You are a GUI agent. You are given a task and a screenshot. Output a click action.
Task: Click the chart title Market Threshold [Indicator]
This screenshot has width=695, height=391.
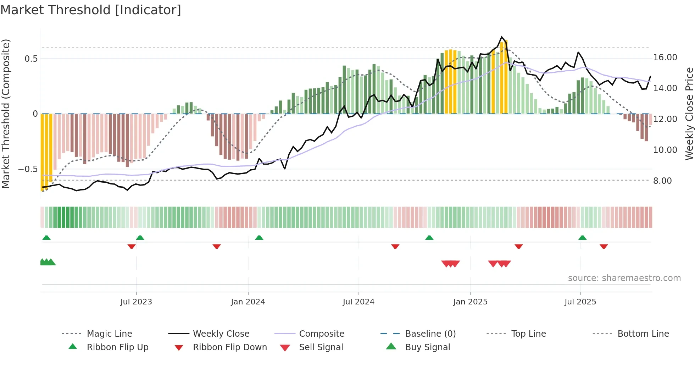91,10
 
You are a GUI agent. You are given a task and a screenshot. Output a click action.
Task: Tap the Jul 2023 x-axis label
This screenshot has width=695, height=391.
136,302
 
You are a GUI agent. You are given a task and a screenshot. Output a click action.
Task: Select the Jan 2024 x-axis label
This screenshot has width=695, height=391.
248,302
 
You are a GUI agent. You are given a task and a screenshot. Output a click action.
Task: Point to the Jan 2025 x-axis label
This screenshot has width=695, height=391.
470,302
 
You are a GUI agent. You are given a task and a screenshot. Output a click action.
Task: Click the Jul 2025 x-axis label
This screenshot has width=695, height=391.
580,302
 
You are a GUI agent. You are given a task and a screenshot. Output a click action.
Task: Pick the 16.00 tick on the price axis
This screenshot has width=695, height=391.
665,57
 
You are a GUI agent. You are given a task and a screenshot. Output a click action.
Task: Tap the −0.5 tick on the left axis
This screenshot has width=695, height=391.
28,169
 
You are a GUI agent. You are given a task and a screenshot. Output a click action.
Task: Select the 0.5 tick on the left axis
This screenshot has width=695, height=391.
31,59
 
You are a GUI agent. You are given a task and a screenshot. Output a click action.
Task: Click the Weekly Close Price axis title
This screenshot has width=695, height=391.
689,114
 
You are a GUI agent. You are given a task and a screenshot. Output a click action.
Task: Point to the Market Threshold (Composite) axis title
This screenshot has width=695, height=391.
6,114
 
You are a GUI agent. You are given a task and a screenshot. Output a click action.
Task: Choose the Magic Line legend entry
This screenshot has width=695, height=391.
109,334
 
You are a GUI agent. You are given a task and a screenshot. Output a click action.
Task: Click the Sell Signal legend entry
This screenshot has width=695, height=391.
321,347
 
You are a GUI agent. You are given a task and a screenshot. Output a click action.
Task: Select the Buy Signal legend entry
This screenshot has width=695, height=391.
427,347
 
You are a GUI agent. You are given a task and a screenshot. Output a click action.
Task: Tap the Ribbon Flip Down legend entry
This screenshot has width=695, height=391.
229,347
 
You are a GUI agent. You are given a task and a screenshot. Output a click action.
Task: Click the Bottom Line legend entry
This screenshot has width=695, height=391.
643,334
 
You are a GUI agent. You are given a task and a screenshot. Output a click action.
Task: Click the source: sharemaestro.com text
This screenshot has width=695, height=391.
624,278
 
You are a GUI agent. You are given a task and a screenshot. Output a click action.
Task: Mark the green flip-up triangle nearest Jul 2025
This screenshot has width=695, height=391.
582,238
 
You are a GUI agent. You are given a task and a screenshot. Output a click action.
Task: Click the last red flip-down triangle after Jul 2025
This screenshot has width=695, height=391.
604,246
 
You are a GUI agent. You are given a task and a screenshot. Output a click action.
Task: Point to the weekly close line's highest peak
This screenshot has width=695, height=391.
501,37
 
